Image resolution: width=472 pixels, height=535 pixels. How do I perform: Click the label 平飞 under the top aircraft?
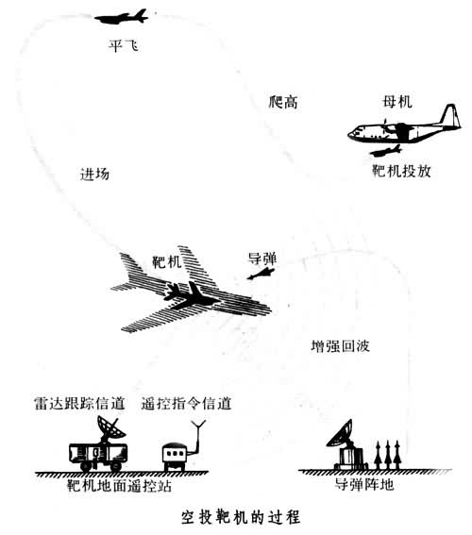(124, 46)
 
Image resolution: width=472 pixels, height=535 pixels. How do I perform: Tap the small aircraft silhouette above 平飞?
(122, 17)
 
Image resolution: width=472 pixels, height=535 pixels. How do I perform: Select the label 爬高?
(283, 102)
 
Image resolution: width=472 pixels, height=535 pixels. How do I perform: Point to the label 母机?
(397, 102)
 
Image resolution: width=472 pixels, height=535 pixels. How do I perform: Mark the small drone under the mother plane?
(386, 151)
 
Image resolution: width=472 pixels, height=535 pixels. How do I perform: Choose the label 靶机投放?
(401, 171)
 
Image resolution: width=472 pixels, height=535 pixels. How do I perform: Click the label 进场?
(95, 175)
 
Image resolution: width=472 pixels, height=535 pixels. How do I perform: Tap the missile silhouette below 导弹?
(261, 274)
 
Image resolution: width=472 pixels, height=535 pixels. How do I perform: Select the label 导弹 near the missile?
(262, 259)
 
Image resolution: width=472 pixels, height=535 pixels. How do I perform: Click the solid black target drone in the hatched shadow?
(191, 296)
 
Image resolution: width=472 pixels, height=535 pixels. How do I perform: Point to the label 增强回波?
(340, 346)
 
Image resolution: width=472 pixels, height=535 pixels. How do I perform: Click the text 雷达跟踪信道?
(79, 403)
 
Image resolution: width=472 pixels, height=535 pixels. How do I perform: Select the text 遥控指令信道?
(186, 403)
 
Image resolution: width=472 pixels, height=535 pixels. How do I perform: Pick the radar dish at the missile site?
(340, 433)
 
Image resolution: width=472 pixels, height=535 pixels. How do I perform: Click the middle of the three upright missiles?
(387, 455)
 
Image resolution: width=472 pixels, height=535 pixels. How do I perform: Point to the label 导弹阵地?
(364, 484)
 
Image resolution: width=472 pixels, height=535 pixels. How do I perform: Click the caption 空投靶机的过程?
(241, 517)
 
